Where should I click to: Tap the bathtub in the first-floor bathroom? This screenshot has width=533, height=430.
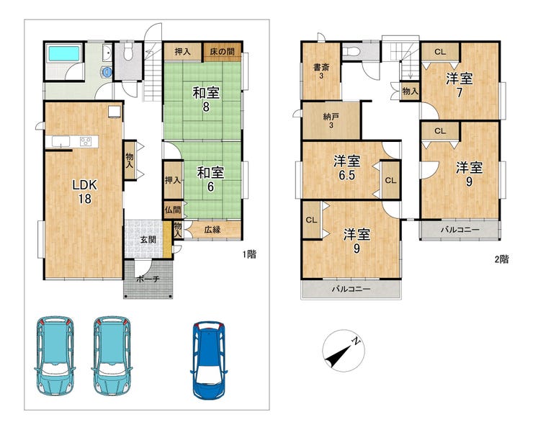click(64, 54)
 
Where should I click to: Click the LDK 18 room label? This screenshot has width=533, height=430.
click(85, 192)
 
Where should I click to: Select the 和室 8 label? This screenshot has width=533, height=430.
click(206, 99)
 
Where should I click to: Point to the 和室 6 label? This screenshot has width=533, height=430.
click(210, 179)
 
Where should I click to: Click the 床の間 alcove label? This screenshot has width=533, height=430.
click(222, 52)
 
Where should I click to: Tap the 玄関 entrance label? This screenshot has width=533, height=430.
click(148, 240)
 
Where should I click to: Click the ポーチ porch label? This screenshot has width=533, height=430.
click(148, 279)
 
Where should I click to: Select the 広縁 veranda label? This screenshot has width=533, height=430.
click(212, 230)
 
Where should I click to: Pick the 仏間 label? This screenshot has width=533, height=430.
click(173, 210)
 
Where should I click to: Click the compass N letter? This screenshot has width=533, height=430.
click(356, 341)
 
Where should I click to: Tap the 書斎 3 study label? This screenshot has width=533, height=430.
click(321, 71)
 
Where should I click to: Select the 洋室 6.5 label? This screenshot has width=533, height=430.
click(346, 168)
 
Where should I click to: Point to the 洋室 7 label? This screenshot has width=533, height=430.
click(460, 86)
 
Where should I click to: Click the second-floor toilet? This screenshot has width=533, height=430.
click(351, 52)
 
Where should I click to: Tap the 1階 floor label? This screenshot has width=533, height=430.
click(249, 254)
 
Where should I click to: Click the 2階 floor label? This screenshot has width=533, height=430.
click(501, 259)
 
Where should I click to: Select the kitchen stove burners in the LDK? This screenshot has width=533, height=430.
click(85, 141)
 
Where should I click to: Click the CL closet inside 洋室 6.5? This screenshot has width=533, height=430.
click(390, 180)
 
